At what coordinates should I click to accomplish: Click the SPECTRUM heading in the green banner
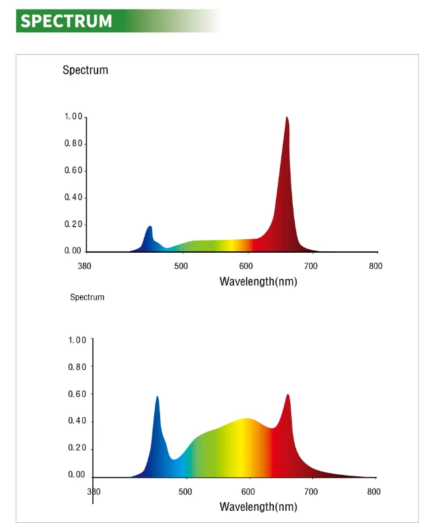point(66,21)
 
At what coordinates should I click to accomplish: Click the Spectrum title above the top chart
point(85,70)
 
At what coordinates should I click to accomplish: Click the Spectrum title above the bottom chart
point(87,297)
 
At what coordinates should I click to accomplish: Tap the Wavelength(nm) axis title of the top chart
point(258,281)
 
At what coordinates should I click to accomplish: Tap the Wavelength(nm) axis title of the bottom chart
point(258,506)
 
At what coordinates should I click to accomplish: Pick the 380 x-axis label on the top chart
point(84,266)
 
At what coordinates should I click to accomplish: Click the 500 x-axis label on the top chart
point(181,266)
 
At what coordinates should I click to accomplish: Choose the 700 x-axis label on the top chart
point(311,266)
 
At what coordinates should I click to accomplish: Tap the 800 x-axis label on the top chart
point(375,266)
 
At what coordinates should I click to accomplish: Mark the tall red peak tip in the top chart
point(287,118)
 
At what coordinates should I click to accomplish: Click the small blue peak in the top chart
point(150,227)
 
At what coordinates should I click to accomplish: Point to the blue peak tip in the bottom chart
point(157,397)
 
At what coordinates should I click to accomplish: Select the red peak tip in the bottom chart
point(288,396)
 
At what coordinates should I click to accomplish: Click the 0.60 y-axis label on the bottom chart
point(77,394)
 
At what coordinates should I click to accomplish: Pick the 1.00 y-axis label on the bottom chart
point(77,340)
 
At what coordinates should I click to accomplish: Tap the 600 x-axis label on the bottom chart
point(248,491)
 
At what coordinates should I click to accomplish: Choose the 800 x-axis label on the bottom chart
point(373,491)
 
